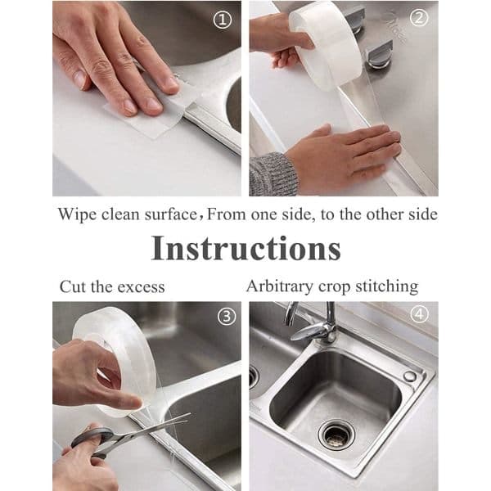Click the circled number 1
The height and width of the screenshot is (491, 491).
click(223, 21)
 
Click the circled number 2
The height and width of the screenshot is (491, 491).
click(419, 18)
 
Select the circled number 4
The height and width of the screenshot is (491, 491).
click(419, 314)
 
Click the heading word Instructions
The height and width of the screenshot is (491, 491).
click(245, 249)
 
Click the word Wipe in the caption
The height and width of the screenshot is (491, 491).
click(77, 214)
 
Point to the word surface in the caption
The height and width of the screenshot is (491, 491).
click(170, 214)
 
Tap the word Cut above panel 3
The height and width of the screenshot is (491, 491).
click(74, 286)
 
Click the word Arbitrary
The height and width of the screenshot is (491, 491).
click(280, 286)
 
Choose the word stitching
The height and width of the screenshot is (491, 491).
click(387, 286)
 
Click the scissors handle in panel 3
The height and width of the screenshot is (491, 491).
click(89, 439)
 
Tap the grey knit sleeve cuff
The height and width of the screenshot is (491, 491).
click(272, 174)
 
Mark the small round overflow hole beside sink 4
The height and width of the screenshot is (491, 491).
click(409, 376)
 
